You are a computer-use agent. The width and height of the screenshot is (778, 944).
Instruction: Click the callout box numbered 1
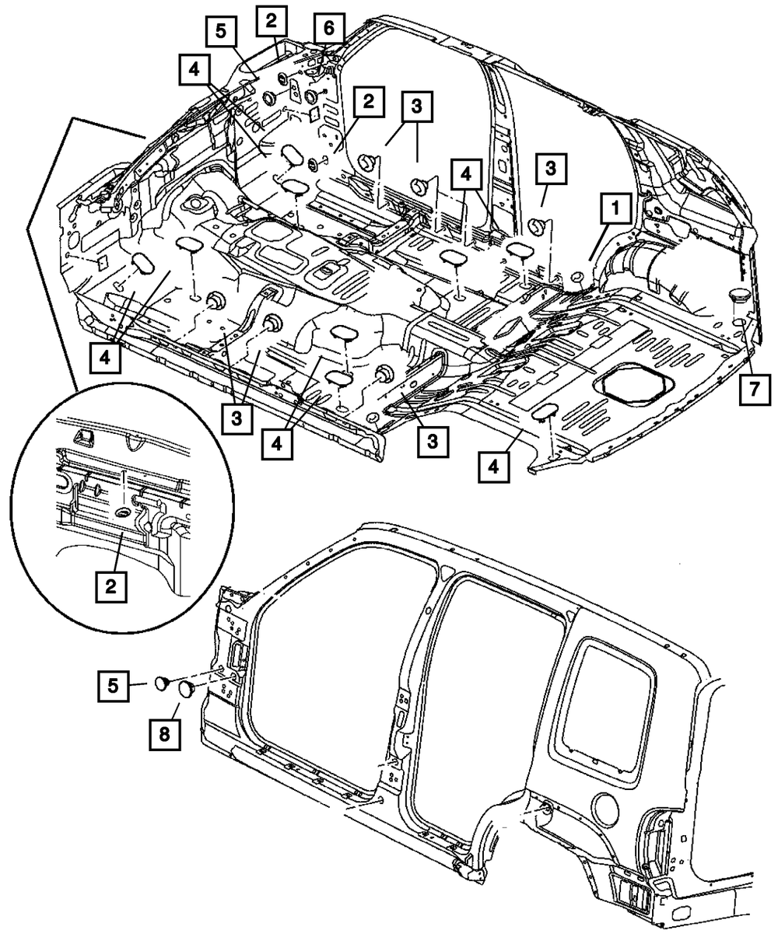pyautogui.click(x=615, y=208)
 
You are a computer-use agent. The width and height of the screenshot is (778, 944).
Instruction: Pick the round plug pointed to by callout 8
pyautogui.click(x=187, y=688)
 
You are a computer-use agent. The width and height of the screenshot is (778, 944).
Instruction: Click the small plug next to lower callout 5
pyautogui.click(x=162, y=683)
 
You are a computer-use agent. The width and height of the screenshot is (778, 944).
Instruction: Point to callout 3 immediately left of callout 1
pyautogui.click(x=551, y=167)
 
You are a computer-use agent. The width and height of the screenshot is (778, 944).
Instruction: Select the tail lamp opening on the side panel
pyautogui.click(x=631, y=895)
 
